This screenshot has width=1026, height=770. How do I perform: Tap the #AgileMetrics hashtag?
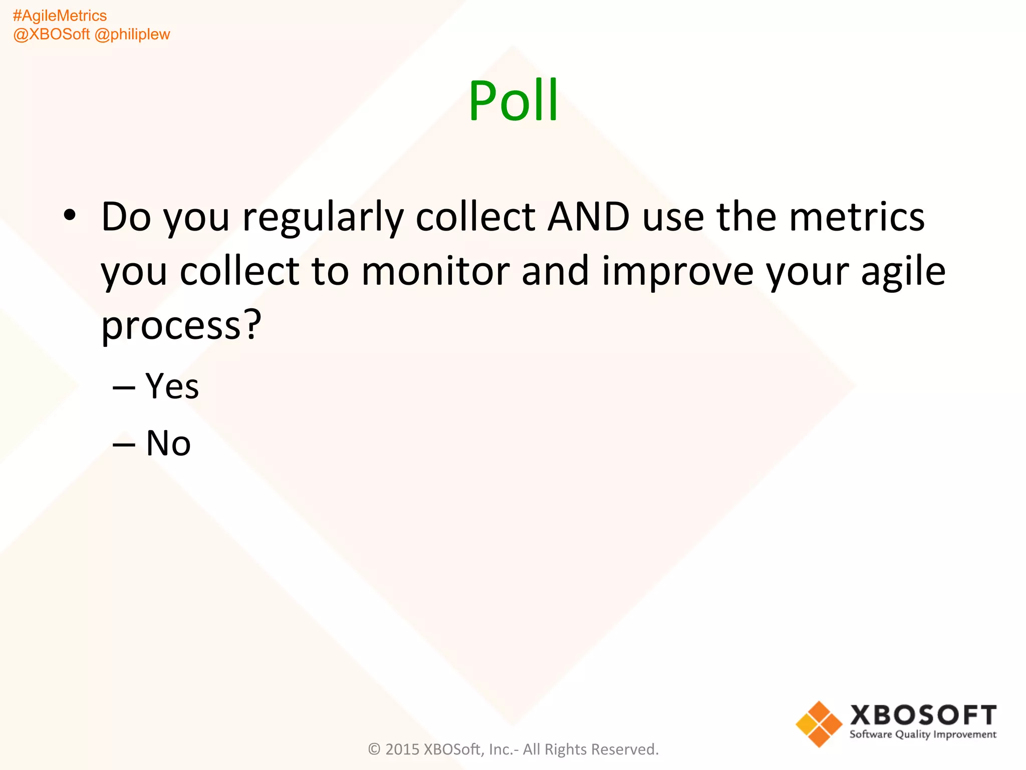pos(60,16)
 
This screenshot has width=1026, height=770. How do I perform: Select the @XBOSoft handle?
pos(51,35)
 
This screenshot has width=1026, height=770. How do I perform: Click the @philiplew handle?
pos(132,35)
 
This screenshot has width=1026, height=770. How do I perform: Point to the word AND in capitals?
pos(588,217)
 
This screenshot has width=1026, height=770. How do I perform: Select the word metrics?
pos(857,217)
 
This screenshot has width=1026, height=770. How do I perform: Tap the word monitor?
pos(435,271)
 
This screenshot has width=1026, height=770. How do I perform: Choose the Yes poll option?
pos(172,387)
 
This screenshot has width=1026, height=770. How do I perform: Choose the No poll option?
pos(168,443)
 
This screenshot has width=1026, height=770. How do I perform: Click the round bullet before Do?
pos(70,216)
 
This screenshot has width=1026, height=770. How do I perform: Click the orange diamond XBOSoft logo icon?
pos(819,724)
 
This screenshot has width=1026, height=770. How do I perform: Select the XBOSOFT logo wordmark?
pos(923,715)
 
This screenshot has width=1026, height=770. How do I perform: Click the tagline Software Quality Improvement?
pos(923,734)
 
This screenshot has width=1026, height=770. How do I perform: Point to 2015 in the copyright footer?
pos(402,749)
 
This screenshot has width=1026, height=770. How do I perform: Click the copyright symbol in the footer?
pos(374,749)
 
